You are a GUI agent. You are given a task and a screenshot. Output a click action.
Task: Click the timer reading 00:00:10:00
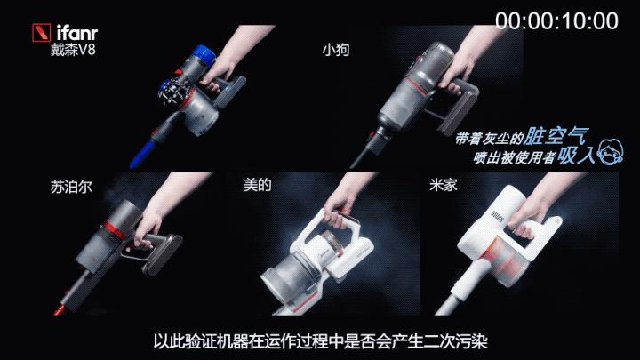point(556,20)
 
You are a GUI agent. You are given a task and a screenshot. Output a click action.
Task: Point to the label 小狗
point(334,51)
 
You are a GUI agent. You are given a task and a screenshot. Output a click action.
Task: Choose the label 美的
point(257,188)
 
